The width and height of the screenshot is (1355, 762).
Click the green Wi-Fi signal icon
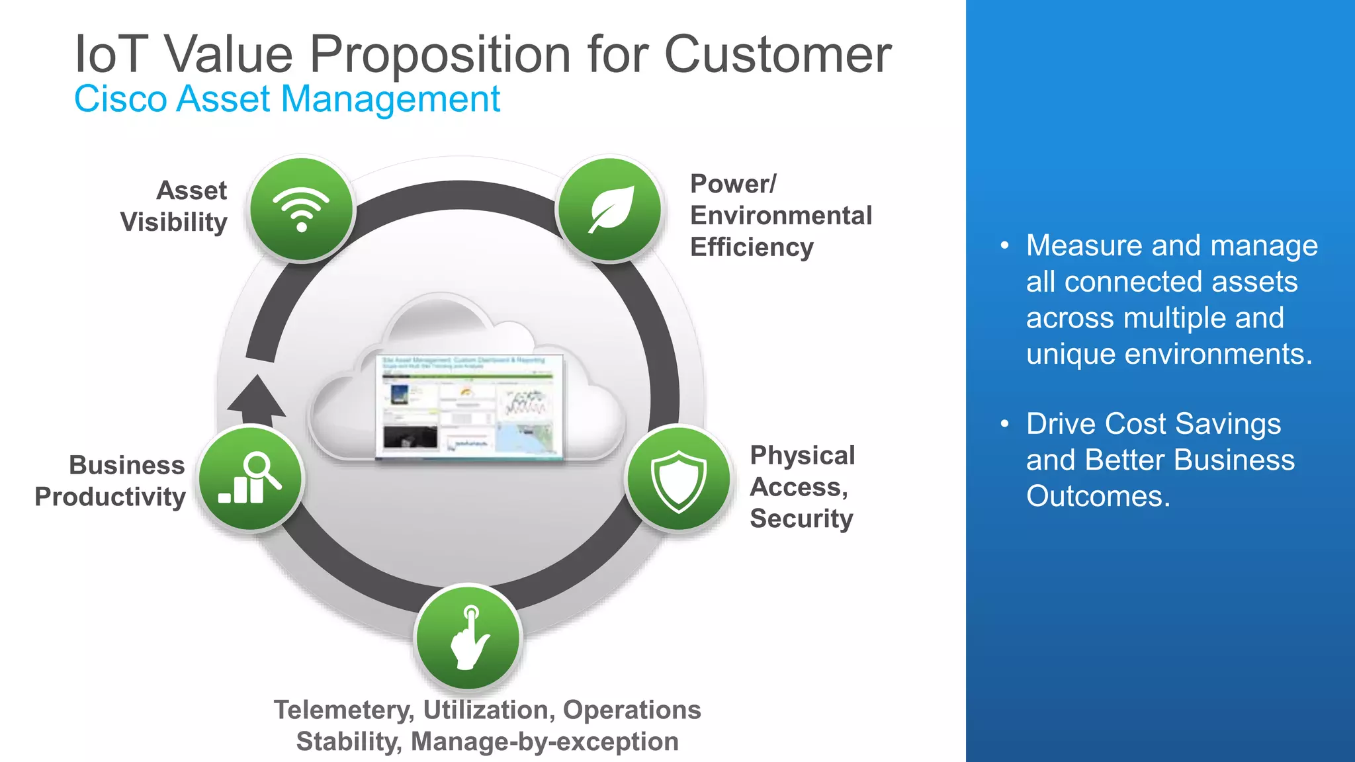tap(302, 209)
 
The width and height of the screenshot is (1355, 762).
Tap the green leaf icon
tap(610, 209)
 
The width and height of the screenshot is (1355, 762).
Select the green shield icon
tap(679, 479)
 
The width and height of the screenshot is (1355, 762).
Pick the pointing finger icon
tap(469, 638)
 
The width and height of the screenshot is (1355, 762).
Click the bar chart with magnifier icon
tap(251, 479)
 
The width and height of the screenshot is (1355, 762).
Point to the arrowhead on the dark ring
tap(257, 396)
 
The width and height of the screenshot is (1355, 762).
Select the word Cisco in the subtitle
tap(120, 99)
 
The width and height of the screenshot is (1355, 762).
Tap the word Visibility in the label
tap(174, 222)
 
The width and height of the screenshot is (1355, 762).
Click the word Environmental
tap(781, 216)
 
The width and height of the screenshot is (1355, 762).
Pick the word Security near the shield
tap(801, 519)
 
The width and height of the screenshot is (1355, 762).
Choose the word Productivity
tap(110, 497)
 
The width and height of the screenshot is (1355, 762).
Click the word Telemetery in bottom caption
tap(344, 710)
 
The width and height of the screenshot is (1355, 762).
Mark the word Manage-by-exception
tap(545, 741)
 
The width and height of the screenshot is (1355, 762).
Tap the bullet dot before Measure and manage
tap(1005, 246)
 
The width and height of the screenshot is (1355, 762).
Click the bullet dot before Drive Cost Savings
tap(1005, 424)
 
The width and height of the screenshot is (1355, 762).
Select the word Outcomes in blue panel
tap(1098, 496)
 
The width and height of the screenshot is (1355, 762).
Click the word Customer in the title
tap(777, 54)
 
